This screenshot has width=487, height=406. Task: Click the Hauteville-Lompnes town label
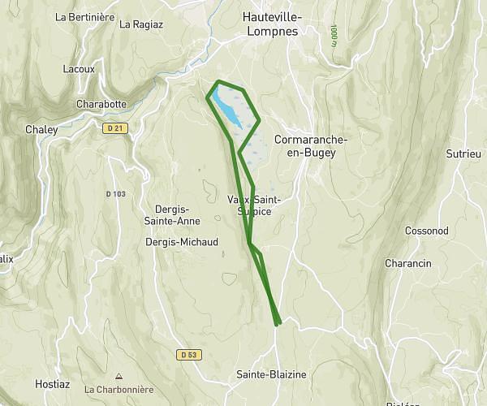point(271,24)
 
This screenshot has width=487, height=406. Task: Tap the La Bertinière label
point(83,16)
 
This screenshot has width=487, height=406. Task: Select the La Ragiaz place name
point(141,24)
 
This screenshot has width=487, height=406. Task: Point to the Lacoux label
point(80,69)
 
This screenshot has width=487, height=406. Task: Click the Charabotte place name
point(101,104)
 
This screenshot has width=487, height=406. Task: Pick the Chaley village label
point(41,129)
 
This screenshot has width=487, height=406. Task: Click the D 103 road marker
point(116,193)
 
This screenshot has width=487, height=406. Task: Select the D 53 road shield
point(188,354)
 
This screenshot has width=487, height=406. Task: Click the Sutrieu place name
point(463,153)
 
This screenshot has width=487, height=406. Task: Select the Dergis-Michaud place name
point(181,242)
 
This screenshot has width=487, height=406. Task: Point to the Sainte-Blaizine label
point(271,374)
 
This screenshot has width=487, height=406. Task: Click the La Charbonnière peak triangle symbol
point(119,376)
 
